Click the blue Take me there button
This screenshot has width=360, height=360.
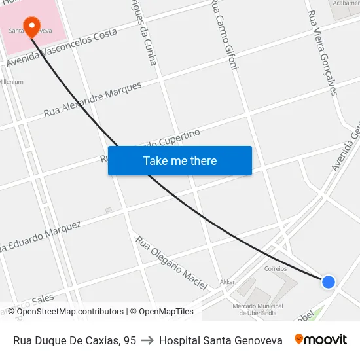[x=180, y=160]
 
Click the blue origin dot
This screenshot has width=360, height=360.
[x=328, y=281]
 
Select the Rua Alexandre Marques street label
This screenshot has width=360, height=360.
[x=92, y=99]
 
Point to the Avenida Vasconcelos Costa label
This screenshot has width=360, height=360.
[x=62, y=48]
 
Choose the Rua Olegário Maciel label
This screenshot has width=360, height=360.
[x=171, y=262]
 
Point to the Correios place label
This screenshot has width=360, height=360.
[x=276, y=268]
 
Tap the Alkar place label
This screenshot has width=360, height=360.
[x=227, y=282]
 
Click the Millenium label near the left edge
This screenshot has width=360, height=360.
[x=11, y=82]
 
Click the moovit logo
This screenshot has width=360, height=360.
[x=320, y=340]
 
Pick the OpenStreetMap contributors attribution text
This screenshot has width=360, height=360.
[x=70, y=312]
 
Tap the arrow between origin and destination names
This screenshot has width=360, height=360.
[x=147, y=340]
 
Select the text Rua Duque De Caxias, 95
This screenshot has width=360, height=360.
[x=75, y=340]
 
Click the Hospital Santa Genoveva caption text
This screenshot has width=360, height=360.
[x=221, y=340]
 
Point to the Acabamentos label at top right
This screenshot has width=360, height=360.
[x=346, y=3]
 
